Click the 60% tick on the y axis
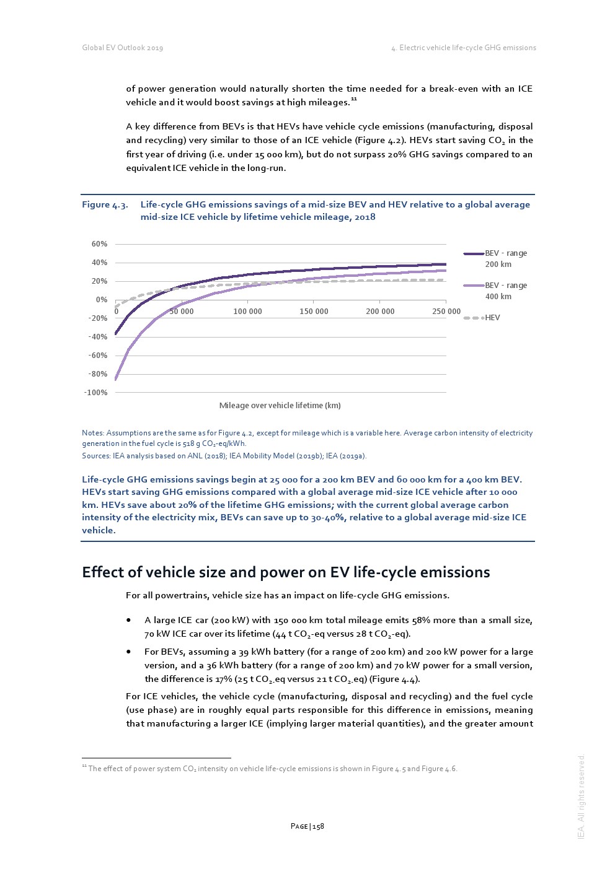point(99,244)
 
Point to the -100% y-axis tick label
point(96,393)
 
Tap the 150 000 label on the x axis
point(314,312)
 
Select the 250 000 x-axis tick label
point(446,312)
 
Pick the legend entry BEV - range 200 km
point(505,259)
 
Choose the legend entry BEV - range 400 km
point(505,291)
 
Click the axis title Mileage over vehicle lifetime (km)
point(280,406)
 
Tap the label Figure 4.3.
point(105,205)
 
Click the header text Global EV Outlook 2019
point(123,48)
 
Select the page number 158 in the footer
point(318,826)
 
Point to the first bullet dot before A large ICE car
point(128,620)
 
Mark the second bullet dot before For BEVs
point(128,652)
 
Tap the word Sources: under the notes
point(96,456)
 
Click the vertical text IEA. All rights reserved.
point(581,797)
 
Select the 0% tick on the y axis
point(101,300)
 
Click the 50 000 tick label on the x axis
point(182,312)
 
